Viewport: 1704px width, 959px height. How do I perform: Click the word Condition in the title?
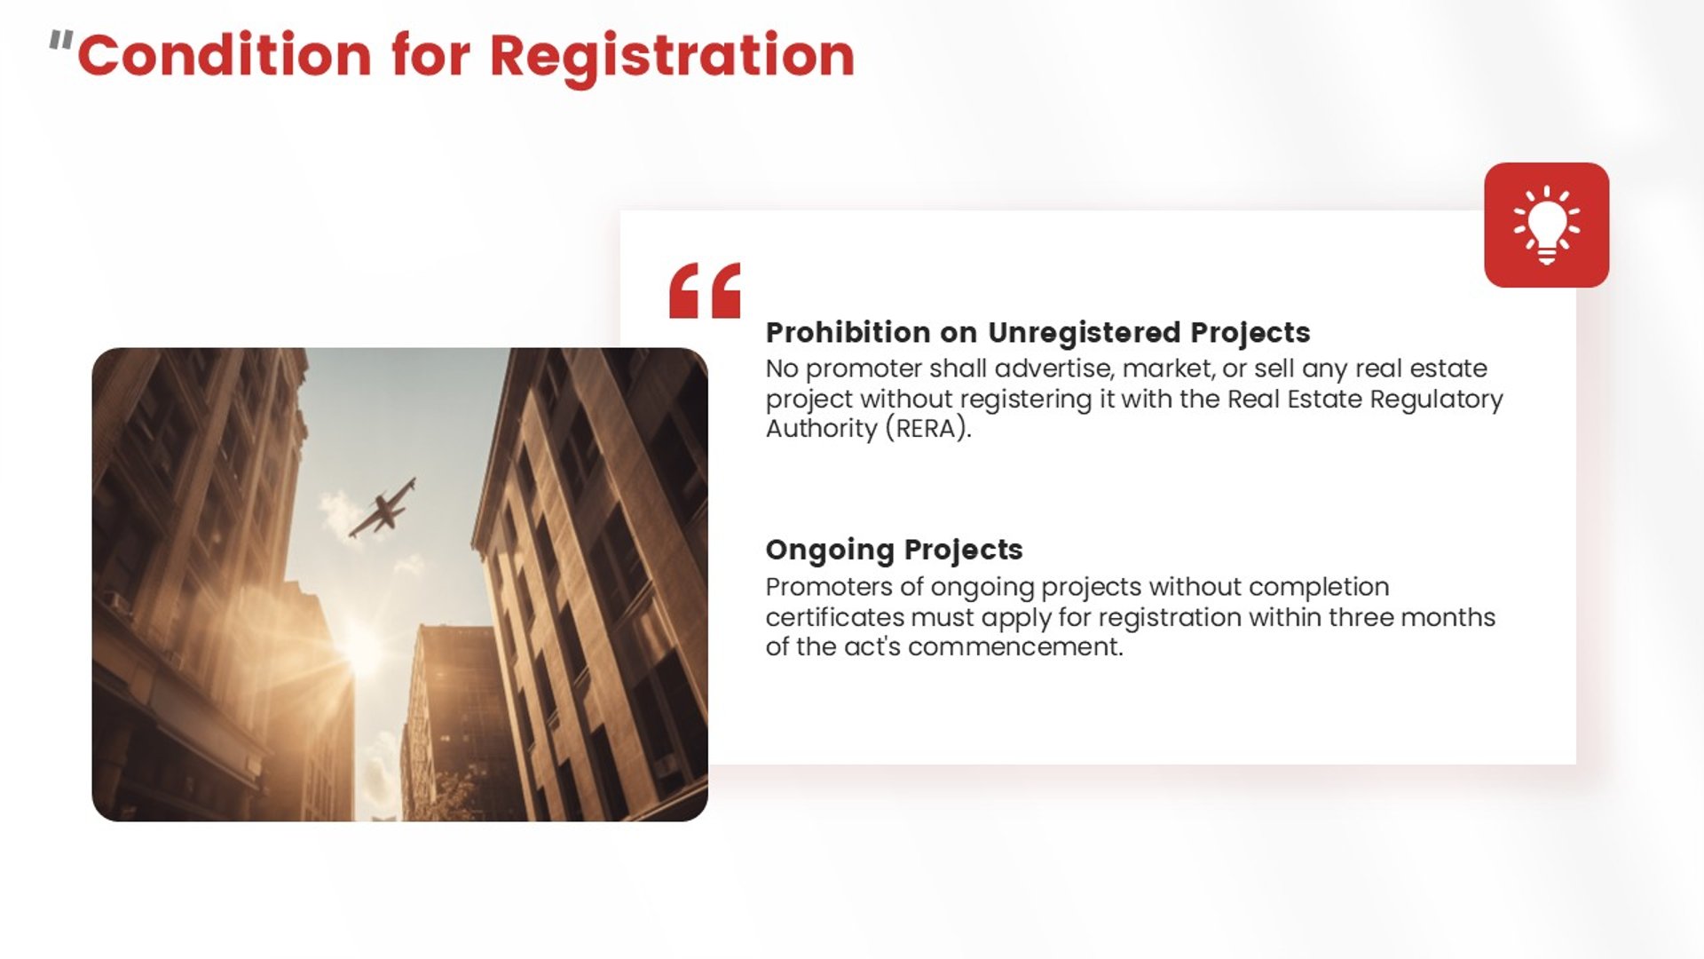[225, 55]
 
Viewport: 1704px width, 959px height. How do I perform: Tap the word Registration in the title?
[672, 59]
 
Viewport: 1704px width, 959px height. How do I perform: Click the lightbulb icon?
[1546, 225]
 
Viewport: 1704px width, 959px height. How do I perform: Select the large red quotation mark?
[705, 290]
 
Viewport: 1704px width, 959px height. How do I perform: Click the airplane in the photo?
[383, 508]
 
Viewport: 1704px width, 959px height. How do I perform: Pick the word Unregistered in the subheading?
[1084, 333]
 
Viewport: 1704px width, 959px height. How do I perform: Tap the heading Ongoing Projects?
[894, 551]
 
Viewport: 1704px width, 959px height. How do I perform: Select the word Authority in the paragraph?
[822, 429]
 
